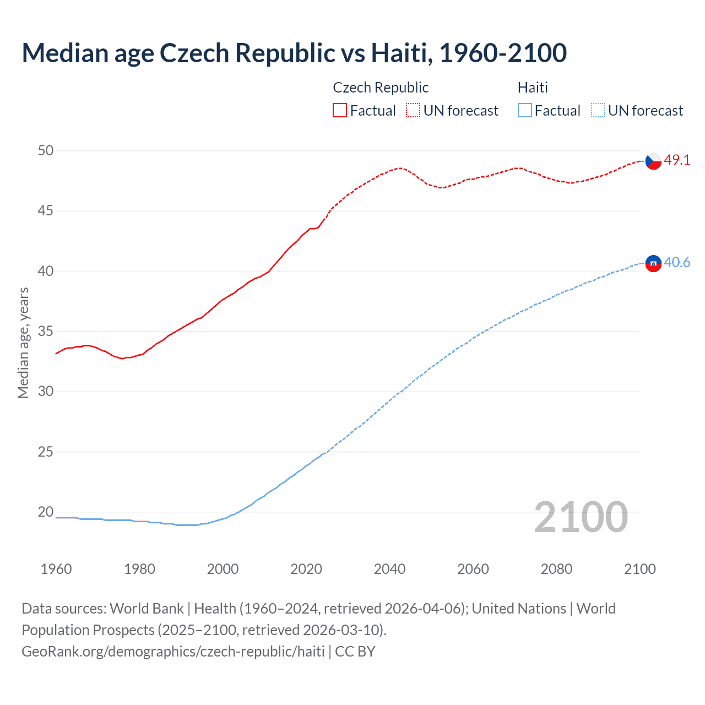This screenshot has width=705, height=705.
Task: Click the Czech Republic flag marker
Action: coord(653,161)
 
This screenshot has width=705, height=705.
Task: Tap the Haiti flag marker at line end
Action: coord(653,264)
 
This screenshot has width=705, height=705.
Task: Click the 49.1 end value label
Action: coord(677,160)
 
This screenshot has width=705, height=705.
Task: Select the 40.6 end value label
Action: coord(677,263)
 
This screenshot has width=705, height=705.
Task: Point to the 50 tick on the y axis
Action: coord(46,150)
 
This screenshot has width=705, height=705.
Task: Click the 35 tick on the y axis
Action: coord(46,331)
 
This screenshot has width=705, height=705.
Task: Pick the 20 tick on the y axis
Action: coord(46,512)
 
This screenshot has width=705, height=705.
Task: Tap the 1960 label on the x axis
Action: coord(56,569)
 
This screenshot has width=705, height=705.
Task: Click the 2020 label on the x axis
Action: coord(306,569)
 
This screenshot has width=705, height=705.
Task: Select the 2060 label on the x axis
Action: coord(473,569)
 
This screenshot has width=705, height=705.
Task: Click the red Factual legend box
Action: coord(340,111)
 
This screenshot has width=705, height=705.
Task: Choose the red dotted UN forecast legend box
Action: coord(413,111)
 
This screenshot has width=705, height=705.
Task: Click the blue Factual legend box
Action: coord(525,111)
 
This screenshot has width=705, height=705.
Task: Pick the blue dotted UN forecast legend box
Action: coord(598,111)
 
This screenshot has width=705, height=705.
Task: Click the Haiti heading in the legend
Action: coord(533,88)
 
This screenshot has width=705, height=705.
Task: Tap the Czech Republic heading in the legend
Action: coord(381,88)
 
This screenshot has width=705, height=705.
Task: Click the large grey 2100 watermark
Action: coord(581,517)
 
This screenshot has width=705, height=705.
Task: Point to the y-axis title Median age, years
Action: coord(23,343)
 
